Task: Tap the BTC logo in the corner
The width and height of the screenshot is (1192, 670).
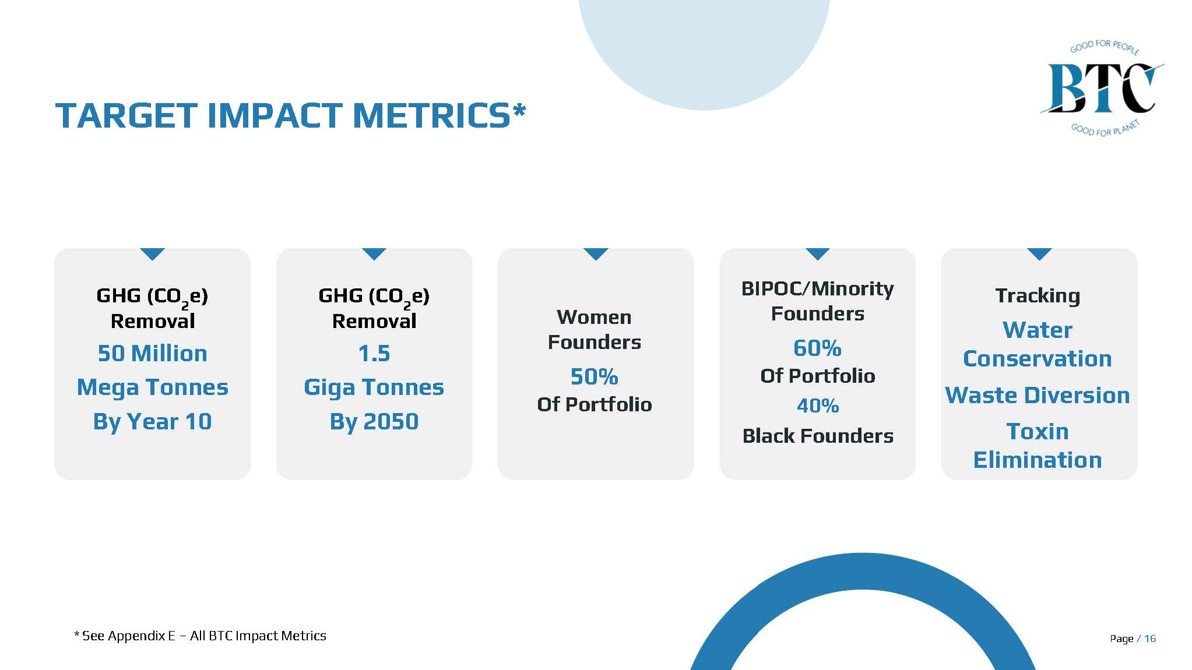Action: click(x=1102, y=89)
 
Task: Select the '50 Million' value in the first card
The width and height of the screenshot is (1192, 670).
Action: click(x=152, y=354)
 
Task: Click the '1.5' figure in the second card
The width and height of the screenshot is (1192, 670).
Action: click(x=374, y=354)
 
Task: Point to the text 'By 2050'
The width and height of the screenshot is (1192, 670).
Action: click(x=374, y=421)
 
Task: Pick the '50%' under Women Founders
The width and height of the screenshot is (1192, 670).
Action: click(x=594, y=377)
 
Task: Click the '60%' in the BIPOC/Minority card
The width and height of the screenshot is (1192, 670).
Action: click(x=817, y=348)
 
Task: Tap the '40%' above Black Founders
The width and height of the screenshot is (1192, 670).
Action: click(x=817, y=405)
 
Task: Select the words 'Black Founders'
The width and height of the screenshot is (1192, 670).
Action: click(x=817, y=436)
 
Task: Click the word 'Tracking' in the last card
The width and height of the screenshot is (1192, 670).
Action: click(x=1038, y=296)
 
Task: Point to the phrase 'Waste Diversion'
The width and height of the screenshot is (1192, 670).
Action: click(x=1038, y=396)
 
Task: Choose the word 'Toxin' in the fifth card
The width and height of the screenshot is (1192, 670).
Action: click(x=1038, y=432)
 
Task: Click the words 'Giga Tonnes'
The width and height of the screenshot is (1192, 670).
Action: click(x=374, y=387)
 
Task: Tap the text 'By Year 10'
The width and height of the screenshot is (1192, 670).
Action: click(x=152, y=421)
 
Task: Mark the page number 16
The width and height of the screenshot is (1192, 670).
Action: click(x=1149, y=639)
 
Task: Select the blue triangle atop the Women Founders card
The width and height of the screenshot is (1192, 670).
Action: click(x=596, y=253)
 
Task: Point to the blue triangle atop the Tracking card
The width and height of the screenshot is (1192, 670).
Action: click(x=1039, y=253)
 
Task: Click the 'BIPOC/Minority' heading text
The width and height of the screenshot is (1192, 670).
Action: click(x=817, y=289)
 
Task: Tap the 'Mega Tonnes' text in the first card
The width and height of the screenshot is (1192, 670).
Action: click(x=152, y=387)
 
